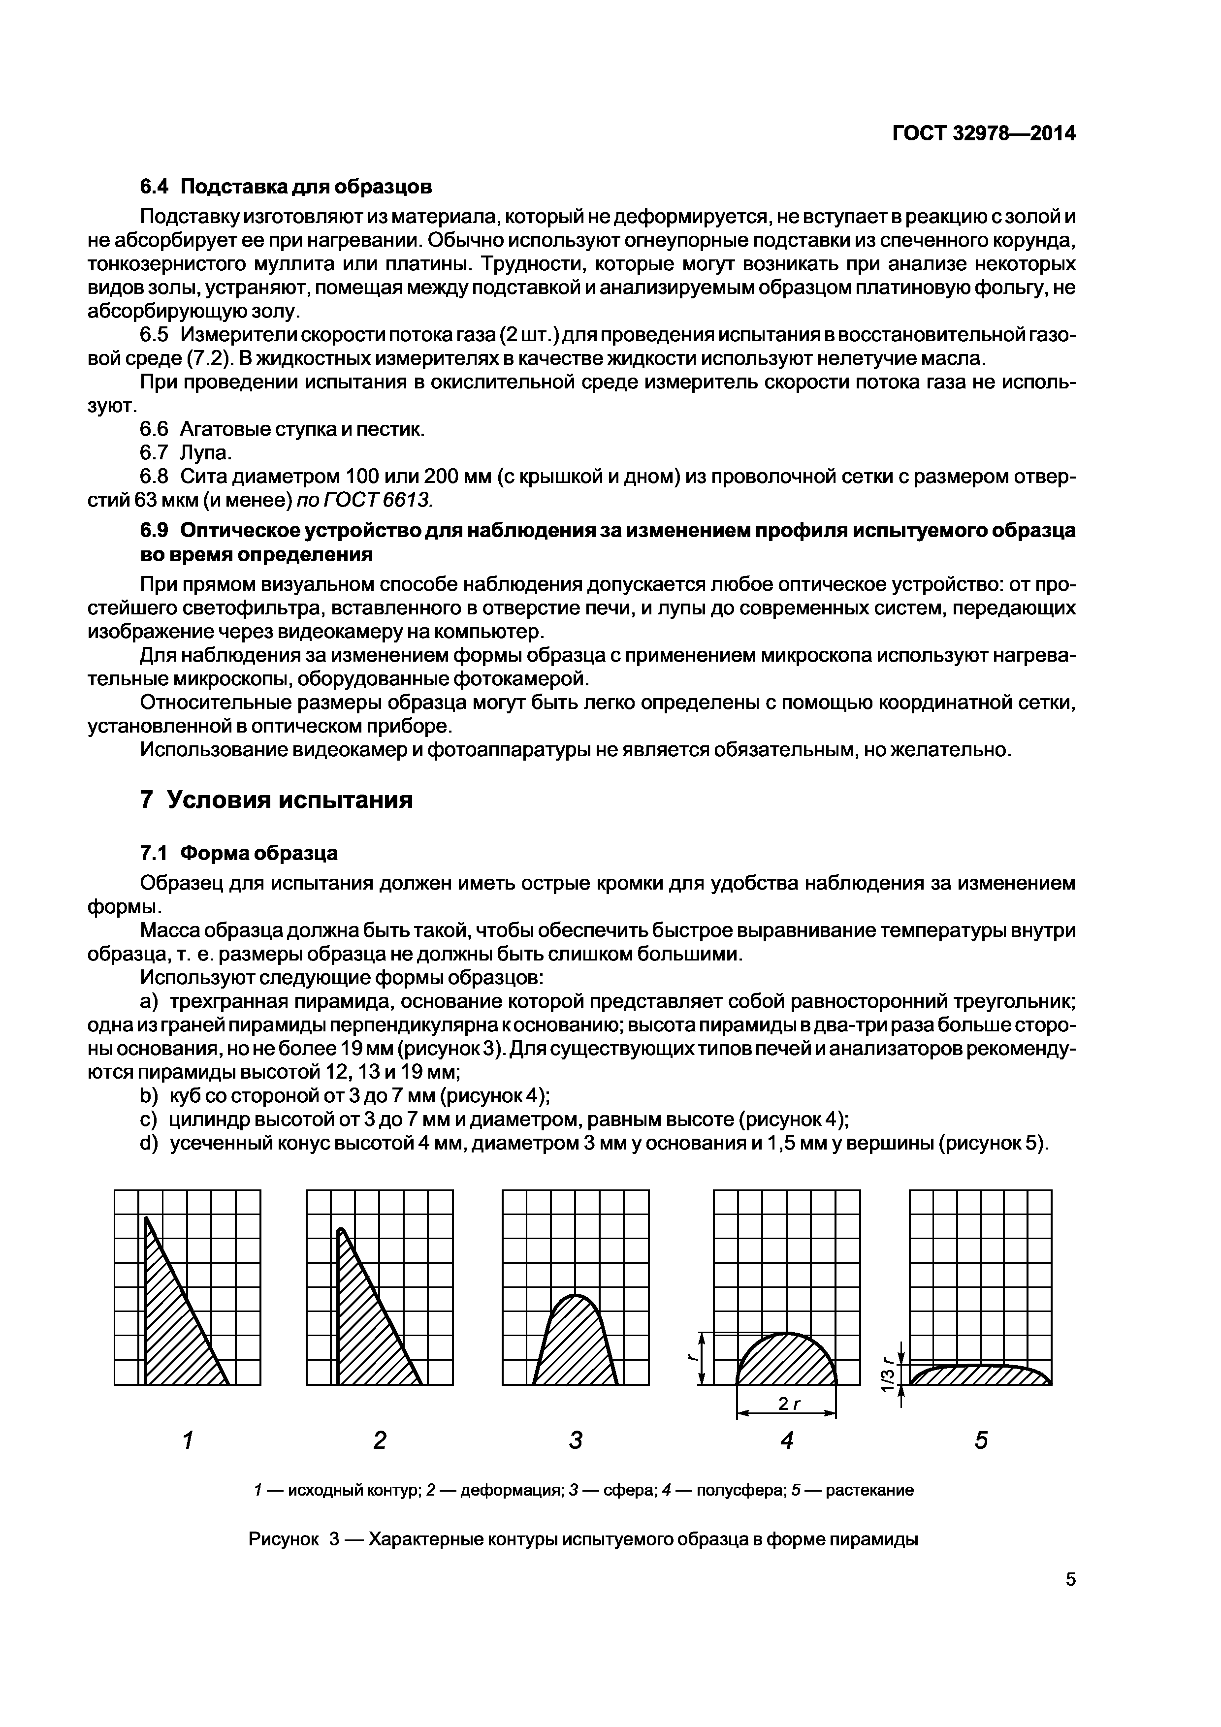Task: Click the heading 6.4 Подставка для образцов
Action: [286, 185]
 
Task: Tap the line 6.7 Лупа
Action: [186, 452]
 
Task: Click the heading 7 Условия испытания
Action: [276, 799]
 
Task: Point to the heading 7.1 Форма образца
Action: [238, 853]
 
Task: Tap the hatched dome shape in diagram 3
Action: [576, 1346]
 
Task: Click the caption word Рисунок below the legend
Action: [283, 1539]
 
